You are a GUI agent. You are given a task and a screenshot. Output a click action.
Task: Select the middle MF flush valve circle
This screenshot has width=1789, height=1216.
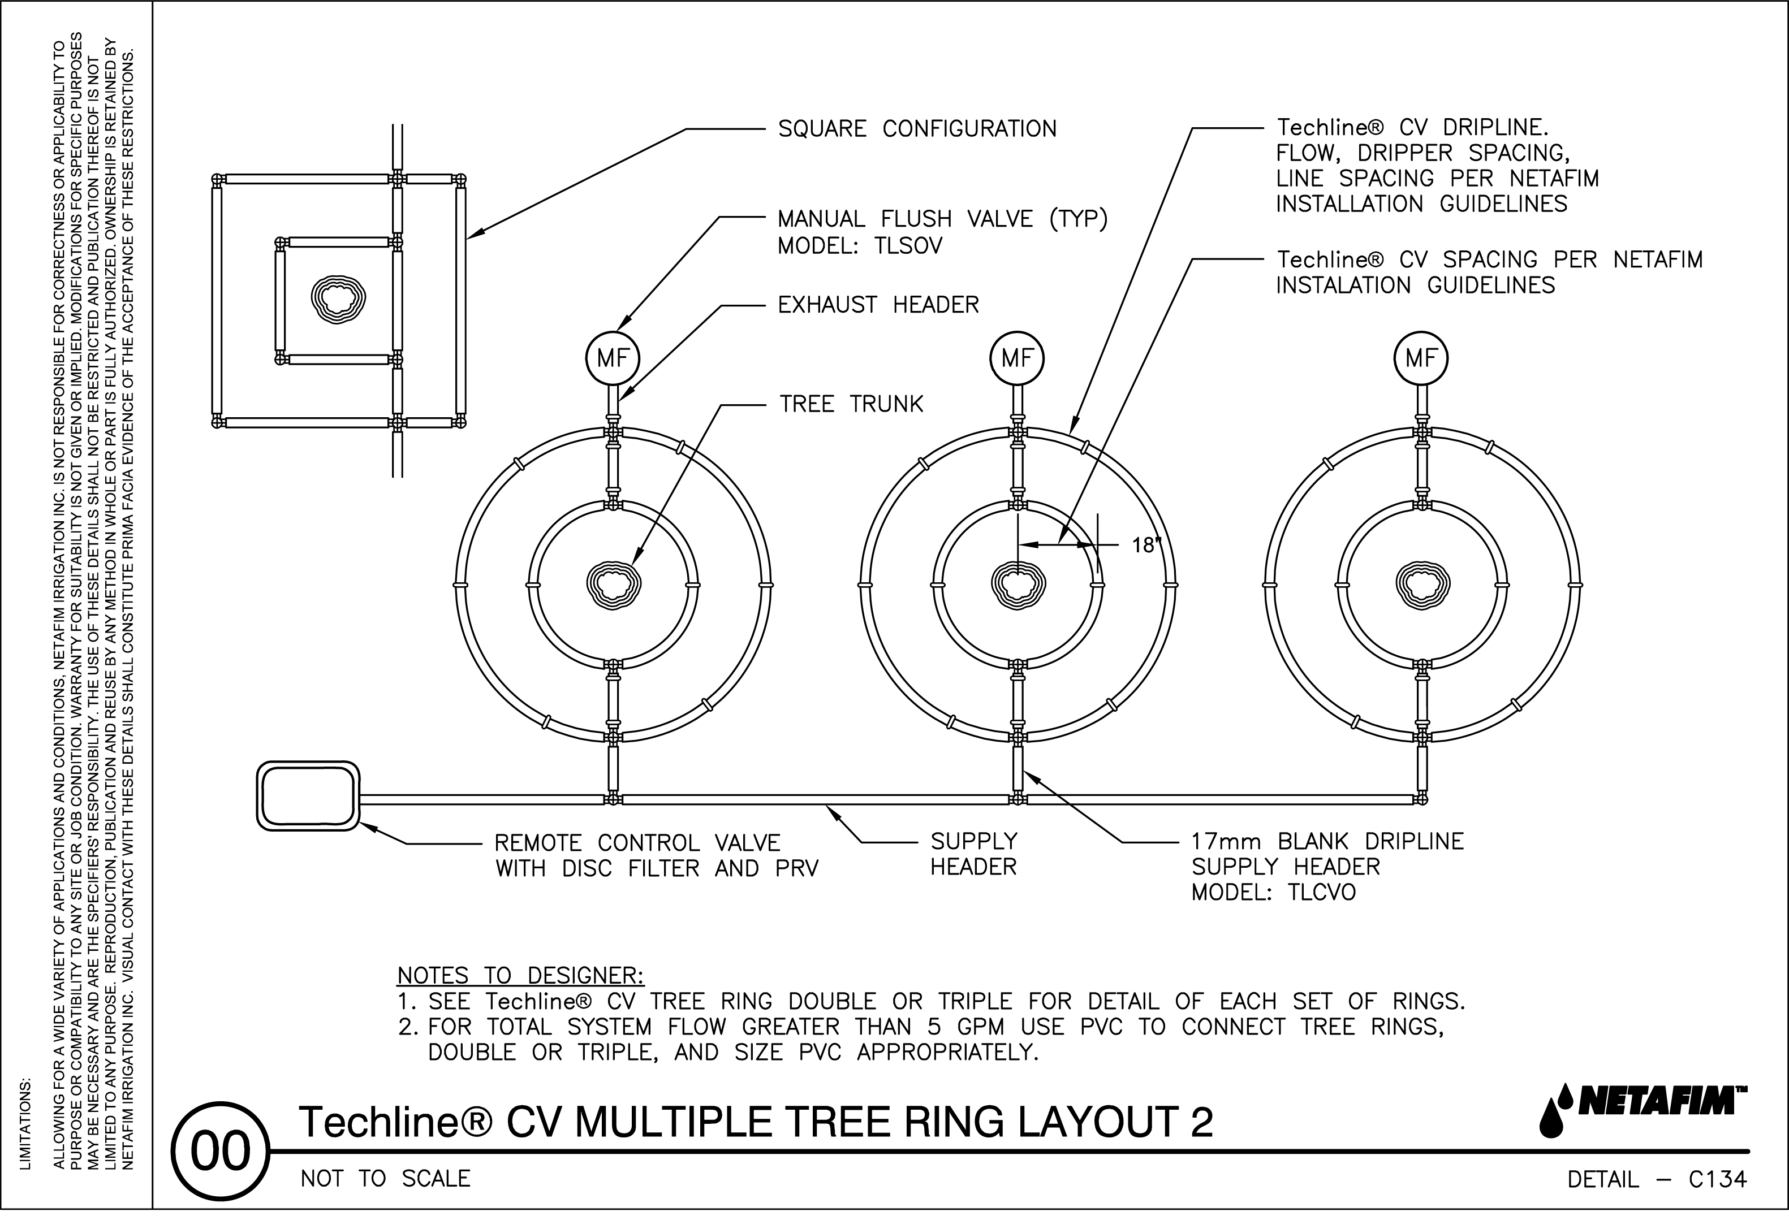(1017, 358)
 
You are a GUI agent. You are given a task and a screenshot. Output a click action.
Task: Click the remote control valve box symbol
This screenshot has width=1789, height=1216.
(308, 797)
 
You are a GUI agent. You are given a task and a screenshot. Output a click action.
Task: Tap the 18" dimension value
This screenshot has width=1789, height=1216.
(1145, 546)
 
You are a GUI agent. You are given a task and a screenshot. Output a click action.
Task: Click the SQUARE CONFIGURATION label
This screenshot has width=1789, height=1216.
(917, 128)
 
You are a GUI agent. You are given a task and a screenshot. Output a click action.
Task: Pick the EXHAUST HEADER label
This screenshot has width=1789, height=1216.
(878, 305)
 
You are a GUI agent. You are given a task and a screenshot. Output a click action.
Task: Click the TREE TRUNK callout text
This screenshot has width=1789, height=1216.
(851, 405)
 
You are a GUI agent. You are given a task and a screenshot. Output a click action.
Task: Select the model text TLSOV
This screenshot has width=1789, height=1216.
(908, 246)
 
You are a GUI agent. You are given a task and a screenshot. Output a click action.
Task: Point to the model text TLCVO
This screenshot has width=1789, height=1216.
(1322, 893)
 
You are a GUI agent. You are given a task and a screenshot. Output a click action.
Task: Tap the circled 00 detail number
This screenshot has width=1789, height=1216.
(220, 1152)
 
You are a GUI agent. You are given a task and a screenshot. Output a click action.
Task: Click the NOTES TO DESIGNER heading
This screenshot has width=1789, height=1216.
(520, 976)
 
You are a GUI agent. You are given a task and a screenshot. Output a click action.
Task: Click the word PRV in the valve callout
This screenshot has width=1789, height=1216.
(797, 869)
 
